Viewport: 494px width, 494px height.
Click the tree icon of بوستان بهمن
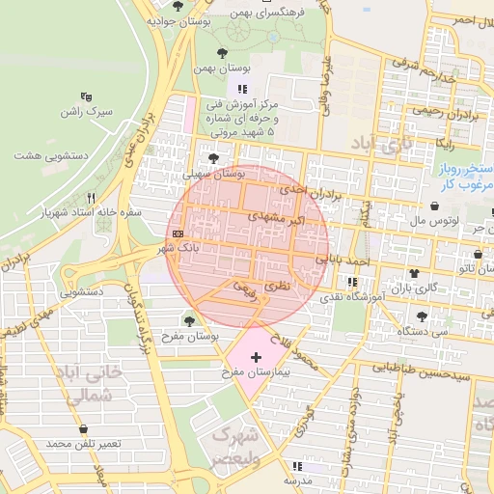[223, 53]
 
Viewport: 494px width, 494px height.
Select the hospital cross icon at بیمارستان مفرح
[255, 358]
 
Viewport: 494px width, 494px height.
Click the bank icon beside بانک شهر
[178, 233]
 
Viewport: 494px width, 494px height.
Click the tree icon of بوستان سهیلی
[212, 158]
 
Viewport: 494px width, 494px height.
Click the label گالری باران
[420, 288]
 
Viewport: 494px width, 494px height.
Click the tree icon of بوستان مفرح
[189, 319]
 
